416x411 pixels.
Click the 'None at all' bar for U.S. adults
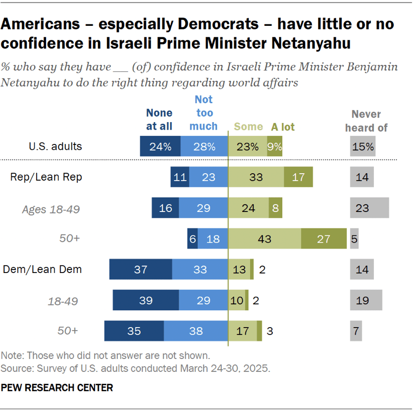click(160, 147)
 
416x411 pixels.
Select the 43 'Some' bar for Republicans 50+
click(264, 239)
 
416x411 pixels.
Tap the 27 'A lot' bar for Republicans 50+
click(323, 239)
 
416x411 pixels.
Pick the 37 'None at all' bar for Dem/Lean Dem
click(141, 270)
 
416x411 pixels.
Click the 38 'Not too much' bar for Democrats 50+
click(196, 331)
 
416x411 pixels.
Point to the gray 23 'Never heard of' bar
click(369, 208)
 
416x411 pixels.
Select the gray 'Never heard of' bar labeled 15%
click(362, 147)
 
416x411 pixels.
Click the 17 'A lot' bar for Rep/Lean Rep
click(298, 177)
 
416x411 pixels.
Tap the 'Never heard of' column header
click(366, 121)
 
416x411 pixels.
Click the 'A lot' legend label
click(283, 127)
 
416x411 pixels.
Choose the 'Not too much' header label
click(204, 113)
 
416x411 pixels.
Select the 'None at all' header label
click(159, 120)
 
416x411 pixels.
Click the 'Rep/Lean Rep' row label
click(46, 177)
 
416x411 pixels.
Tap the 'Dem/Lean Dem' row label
click(42, 270)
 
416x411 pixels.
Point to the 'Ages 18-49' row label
click(51, 209)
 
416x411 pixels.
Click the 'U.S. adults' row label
click(55, 146)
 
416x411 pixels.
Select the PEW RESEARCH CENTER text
click(57, 388)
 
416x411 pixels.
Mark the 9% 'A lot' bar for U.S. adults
click(275, 147)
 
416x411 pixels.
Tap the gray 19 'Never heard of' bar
click(365, 300)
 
